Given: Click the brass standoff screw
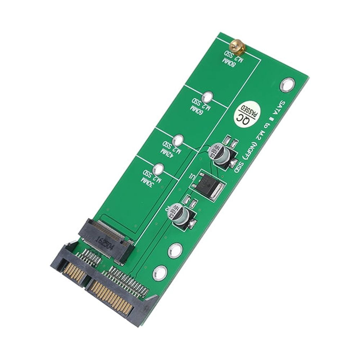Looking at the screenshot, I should point(236,46).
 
